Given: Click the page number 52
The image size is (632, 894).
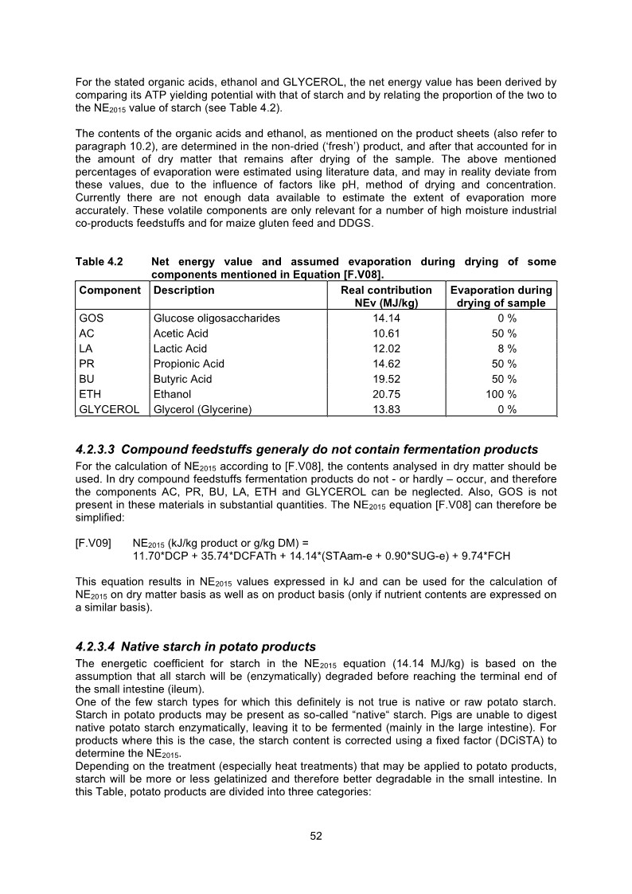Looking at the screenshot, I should tap(315, 835).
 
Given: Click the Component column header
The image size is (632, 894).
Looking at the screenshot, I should tap(110, 291).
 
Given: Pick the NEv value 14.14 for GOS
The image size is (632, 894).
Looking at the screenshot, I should tap(385, 318).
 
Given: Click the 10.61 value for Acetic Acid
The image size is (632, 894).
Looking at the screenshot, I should tap(385, 334).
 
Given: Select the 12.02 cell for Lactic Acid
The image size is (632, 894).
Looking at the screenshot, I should tap(385, 349).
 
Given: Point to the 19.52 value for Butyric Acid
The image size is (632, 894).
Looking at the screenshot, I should tap(385, 379).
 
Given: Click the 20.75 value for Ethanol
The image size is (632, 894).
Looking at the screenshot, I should tap(385, 394).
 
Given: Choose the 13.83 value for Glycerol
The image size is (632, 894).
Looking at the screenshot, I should tap(385, 409).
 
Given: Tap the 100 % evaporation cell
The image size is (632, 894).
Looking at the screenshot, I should tap(501, 394).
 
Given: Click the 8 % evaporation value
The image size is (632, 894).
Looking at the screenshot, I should tap(506, 349).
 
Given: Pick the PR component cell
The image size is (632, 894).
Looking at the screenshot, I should tap(88, 364).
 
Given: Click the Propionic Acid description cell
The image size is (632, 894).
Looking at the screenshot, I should tap(189, 364).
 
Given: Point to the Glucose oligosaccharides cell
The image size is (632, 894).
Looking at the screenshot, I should tap(217, 318).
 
